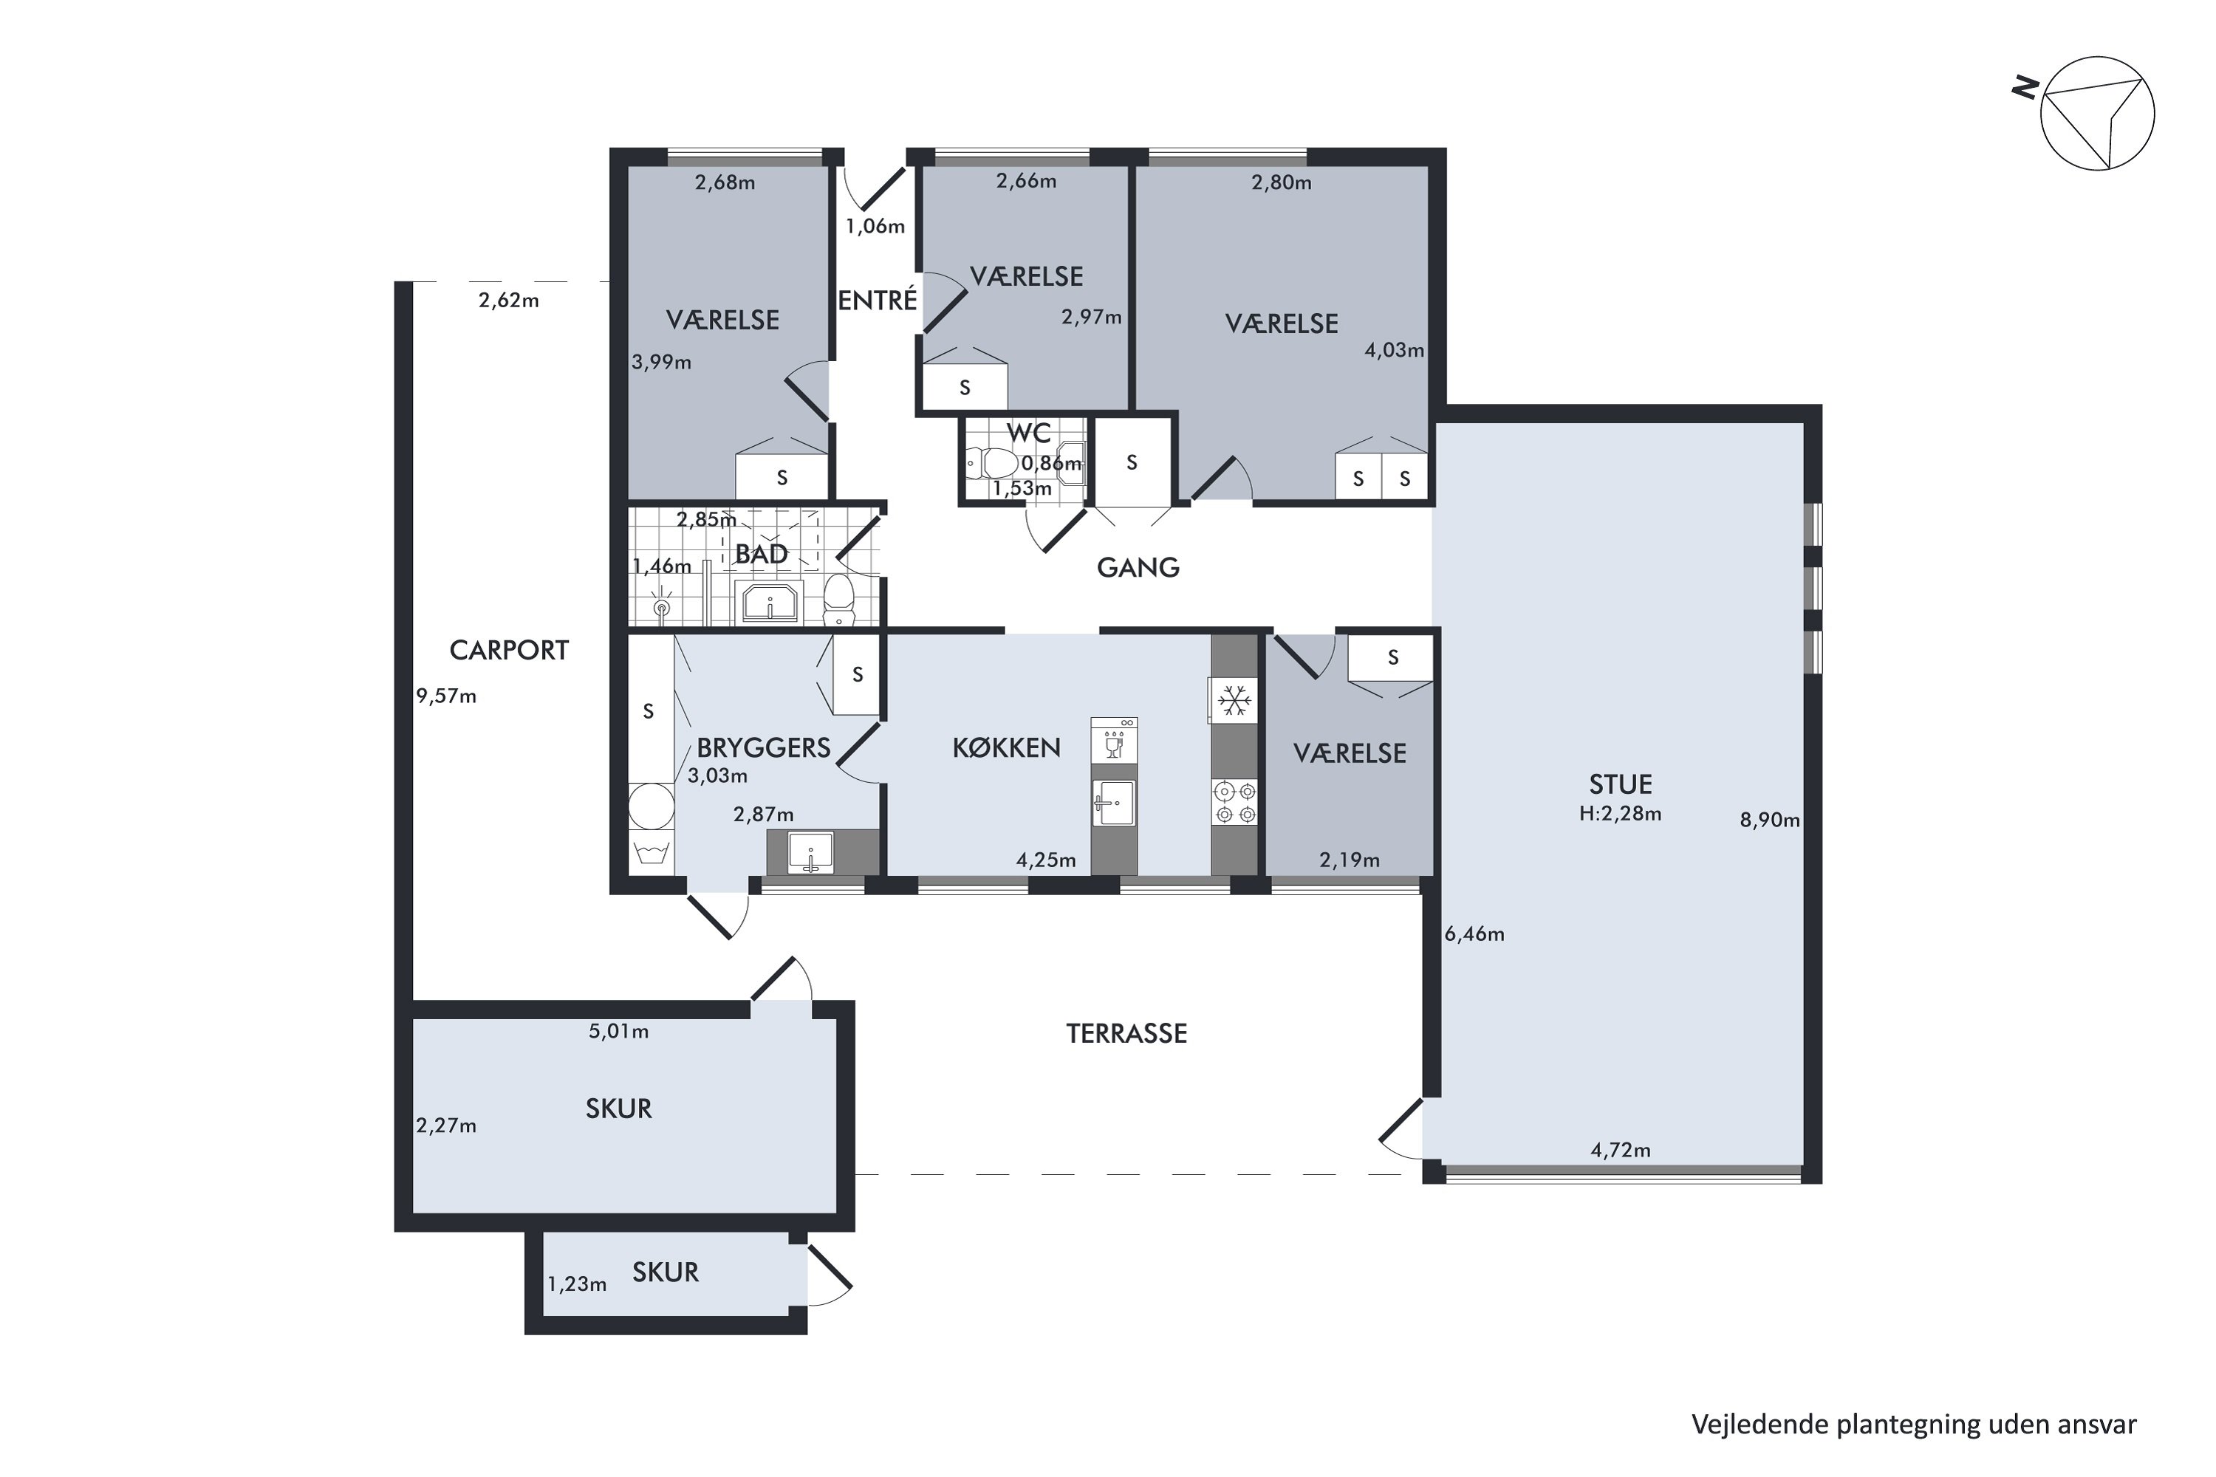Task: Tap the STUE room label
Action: tap(1621, 784)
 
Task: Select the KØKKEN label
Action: tap(1006, 748)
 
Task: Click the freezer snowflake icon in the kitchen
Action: tap(1234, 701)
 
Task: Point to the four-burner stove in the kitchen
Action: tap(1234, 801)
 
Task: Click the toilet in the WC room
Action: tap(991, 462)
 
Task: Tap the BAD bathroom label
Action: tap(762, 554)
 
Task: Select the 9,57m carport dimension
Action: tap(447, 696)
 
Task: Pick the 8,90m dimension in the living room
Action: tap(1769, 820)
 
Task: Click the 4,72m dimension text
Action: tap(1621, 1149)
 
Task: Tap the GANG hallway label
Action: tap(1138, 567)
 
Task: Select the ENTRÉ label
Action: tap(878, 300)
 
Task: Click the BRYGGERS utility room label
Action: tap(763, 748)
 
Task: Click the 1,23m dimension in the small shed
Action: tap(577, 1284)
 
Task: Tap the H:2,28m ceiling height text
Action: tap(1621, 814)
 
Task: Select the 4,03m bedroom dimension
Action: tap(1395, 350)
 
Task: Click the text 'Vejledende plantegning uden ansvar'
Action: tap(1914, 1425)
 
